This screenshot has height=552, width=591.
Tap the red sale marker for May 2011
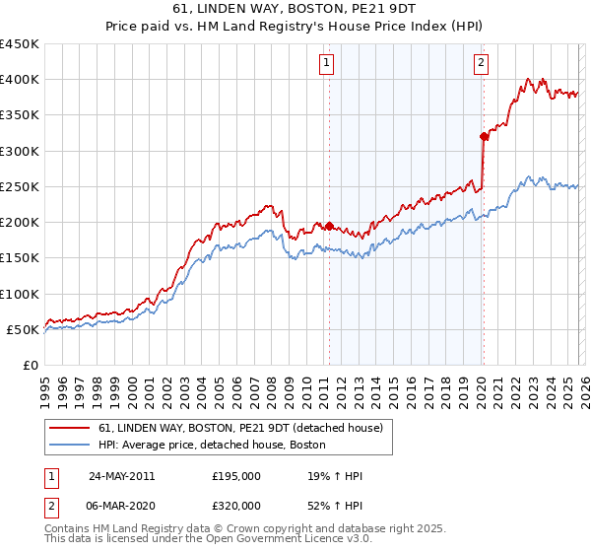coord(329,225)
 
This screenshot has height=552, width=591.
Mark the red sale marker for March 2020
coord(484,136)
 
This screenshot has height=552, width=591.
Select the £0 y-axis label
coord(32,365)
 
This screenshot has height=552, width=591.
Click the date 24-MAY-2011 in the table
coord(121,476)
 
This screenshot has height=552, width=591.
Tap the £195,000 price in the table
coord(236,476)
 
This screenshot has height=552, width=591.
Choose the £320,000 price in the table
coord(236,505)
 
